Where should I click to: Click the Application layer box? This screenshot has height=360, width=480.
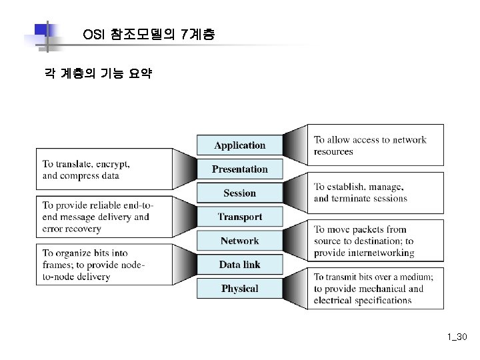point(239,145)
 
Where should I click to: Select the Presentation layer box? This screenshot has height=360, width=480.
point(239,169)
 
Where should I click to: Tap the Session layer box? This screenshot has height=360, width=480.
point(239,193)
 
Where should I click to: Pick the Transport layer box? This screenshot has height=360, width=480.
point(239,217)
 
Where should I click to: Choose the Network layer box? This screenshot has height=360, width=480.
point(239,241)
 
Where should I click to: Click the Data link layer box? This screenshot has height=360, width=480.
point(239,265)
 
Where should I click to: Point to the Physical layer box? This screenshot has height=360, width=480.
point(239,289)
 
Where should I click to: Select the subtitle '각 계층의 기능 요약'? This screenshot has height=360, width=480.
point(97,75)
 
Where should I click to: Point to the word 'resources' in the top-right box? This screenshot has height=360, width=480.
point(333,152)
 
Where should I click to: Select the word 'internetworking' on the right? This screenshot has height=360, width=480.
point(381,253)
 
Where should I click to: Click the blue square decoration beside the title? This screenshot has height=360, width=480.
point(42,31)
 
